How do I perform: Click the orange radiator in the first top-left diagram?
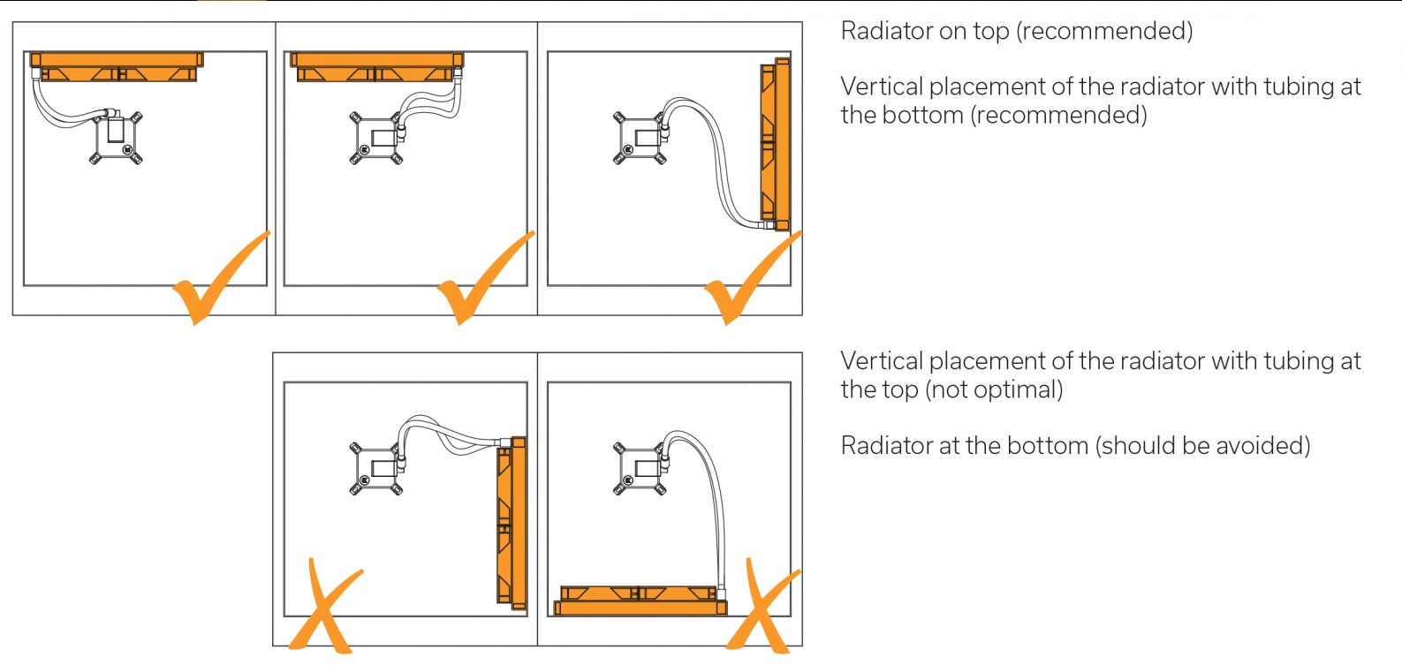click(116, 65)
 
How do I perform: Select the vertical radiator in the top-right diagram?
click(775, 143)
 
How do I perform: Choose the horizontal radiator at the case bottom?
click(640, 601)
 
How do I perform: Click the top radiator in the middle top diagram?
click(375, 65)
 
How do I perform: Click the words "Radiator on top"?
click(924, 31)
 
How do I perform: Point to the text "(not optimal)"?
click(994, 389)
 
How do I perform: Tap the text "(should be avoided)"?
click(1202, 445)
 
